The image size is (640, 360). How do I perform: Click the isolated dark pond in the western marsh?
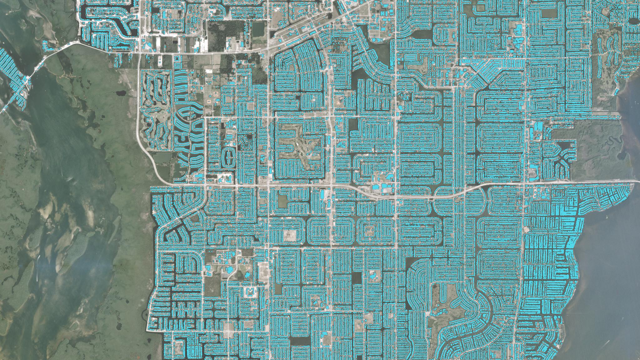pos(120,93)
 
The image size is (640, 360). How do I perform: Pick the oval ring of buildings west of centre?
pos(230,156)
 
